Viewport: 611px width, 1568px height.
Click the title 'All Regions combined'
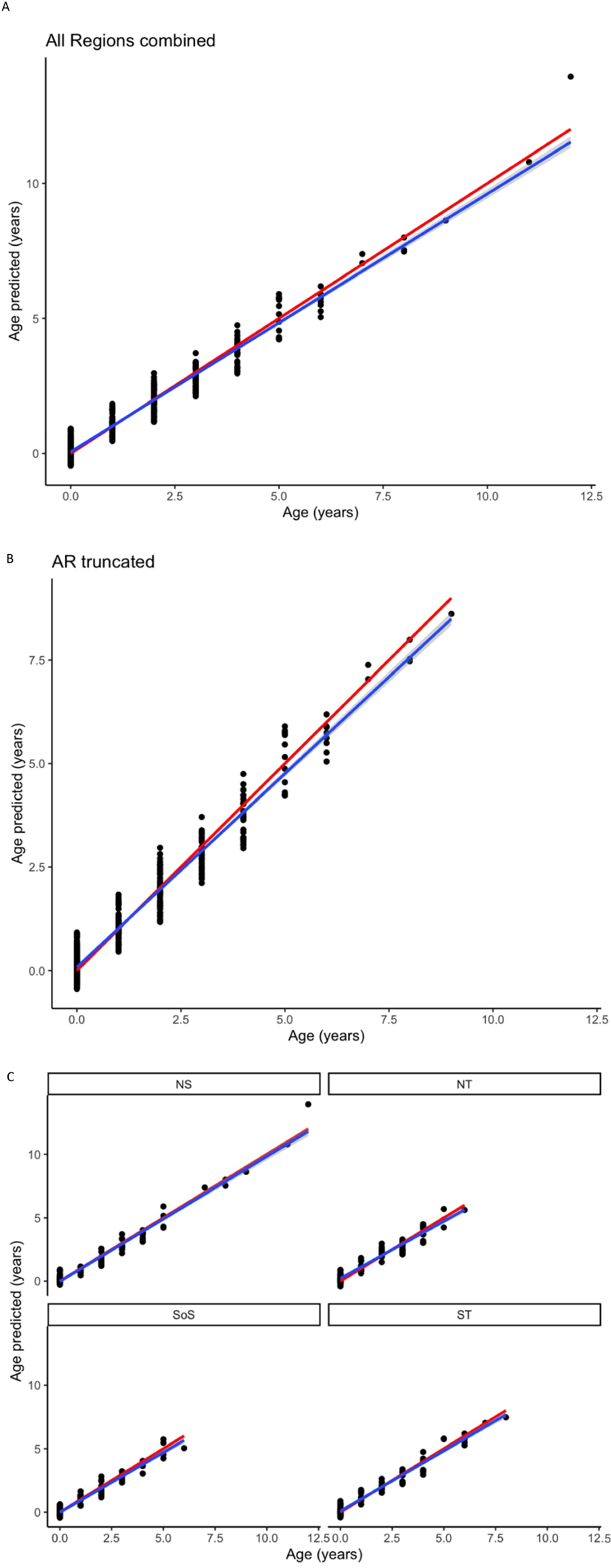pos(130,41)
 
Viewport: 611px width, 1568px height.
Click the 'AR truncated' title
pos(103,561)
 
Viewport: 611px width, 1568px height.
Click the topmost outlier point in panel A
pos(571,77)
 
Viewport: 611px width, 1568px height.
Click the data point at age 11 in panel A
pos(529,162)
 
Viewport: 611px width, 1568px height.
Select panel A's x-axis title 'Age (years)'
pos(320,513)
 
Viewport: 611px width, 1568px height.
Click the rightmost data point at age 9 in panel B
pos(451,614)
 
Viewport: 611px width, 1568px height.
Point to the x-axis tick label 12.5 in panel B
pos(597,1019)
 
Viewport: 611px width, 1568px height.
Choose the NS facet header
pos(183,1084)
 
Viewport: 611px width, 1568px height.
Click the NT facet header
pos(464,1084)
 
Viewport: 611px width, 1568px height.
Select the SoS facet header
pos(183,1315)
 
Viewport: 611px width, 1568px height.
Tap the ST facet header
pos(464,1315)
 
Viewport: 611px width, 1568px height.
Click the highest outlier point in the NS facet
pos(308,1104)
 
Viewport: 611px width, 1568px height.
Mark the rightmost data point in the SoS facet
pos(184,1448)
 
